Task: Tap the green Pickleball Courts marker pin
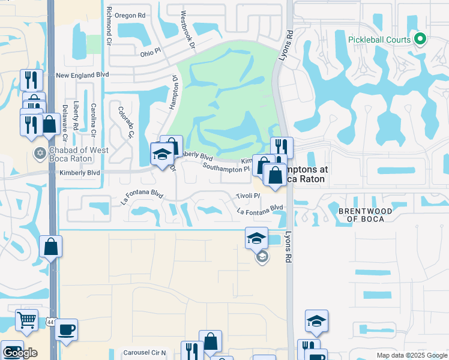tap(420, 40)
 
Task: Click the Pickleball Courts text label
tap(379, 40)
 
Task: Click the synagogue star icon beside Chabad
tap(40, 152)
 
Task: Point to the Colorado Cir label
tap(125, 122)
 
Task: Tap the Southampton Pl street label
tap(226, 169)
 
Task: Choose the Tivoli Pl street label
tap(247, 196)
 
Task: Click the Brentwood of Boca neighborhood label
tap(366, 215)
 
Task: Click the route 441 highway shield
tap(52, 323)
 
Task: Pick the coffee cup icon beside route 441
tap(67, 329)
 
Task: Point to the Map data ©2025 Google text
tap(411, 355)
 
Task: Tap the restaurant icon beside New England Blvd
tap(31, 79)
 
